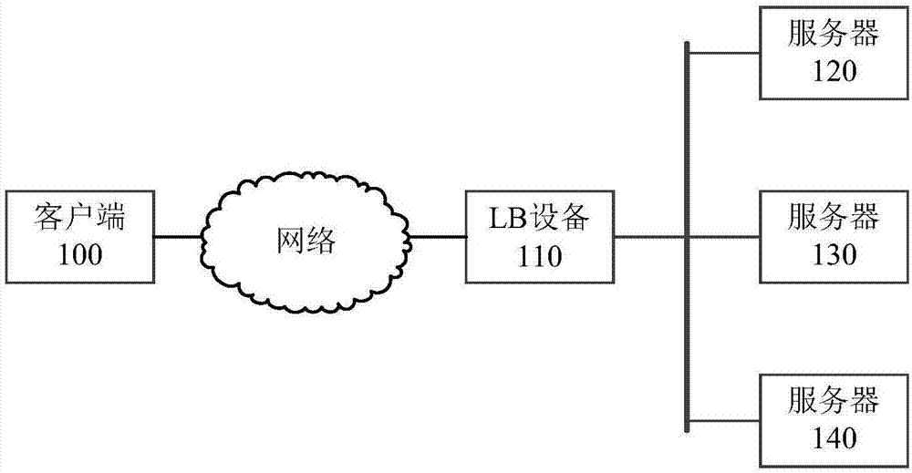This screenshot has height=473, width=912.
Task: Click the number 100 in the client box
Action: [x=79, y=253]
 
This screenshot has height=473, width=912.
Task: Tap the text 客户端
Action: [x=79, y=219]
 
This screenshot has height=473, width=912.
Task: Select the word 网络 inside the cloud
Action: [x=306, y=241]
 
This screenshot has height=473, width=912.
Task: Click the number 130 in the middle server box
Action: [x=834, y=254]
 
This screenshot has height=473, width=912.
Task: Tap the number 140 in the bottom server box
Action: [x=834, y=437]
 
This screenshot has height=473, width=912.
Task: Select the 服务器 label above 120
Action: [x=834, y=35]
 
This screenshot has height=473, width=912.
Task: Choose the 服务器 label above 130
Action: [x=834, y=218]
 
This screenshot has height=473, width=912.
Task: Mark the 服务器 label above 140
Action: [x=834, y=401]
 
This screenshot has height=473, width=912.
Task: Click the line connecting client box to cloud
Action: [x=178, y=237]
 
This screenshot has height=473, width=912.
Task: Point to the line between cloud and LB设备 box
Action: [x=438, y=237]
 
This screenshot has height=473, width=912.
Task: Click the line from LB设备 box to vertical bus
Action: [x=649, y=237]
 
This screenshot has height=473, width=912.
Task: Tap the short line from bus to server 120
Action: [x=725, y=52]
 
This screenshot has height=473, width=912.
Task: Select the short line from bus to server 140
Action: [x=725, y=420]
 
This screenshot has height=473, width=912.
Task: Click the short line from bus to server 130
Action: [x=725, y=237]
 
